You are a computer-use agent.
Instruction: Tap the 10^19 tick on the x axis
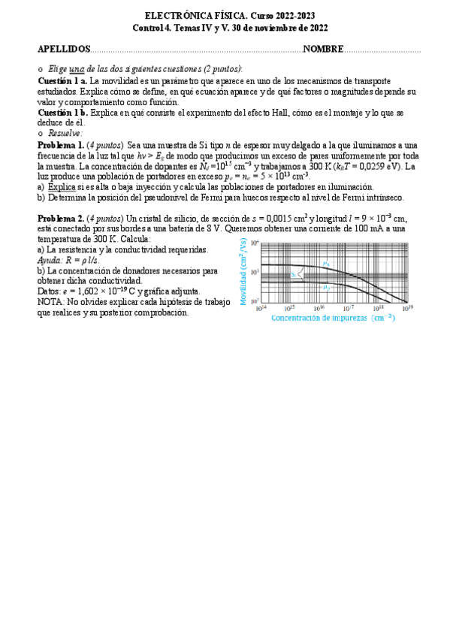tap(407, 308)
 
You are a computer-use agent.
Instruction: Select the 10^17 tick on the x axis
tap(349, 308)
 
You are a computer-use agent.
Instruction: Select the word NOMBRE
tap(323, 49)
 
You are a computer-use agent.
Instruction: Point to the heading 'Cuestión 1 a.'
tap(62, 80)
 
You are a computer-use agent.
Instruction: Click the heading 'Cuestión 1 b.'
tap(62, 112)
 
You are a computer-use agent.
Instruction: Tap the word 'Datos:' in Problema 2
tap(50, 291)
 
